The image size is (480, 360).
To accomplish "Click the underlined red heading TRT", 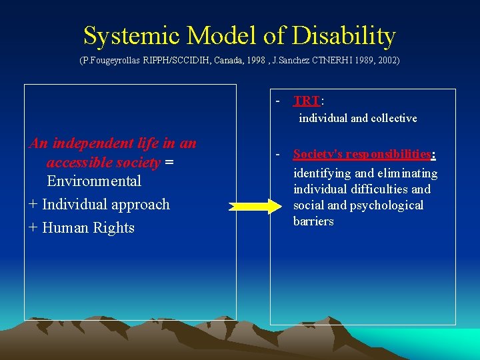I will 307,101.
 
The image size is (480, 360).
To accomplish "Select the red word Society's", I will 318,155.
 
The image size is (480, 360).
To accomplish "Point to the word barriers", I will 313,221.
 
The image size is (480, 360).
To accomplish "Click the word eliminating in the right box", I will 408,173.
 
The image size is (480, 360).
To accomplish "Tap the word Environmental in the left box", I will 94,181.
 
